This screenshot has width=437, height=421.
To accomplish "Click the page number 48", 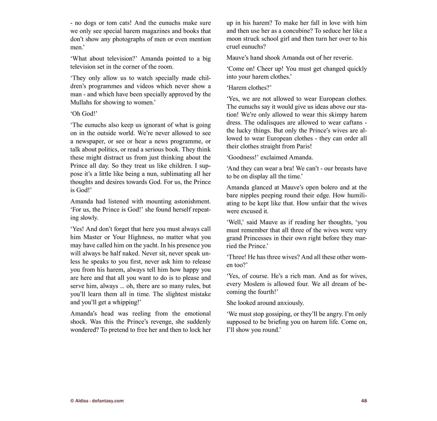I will pos(364,401).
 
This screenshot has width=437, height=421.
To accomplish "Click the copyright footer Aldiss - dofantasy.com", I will pos(97,401).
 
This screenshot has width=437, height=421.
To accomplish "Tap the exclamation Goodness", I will pos(242,157).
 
